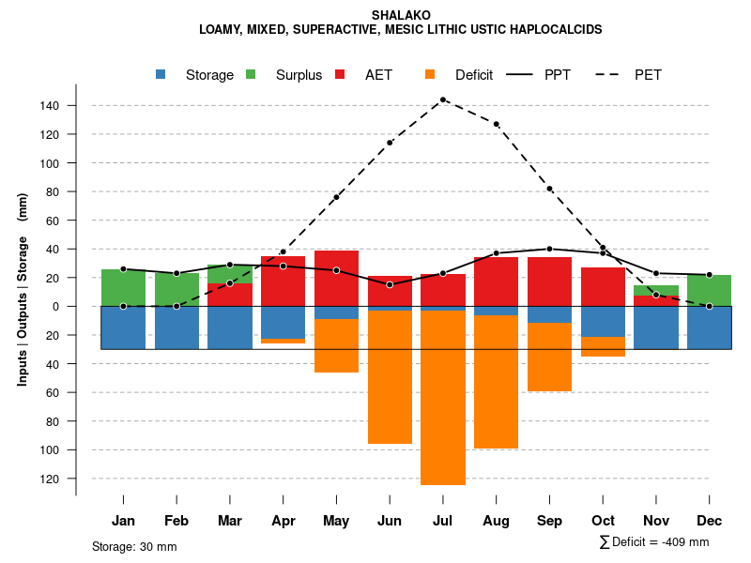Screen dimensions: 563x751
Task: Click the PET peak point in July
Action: (443, 99)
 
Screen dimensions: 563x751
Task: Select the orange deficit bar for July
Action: (443, 398)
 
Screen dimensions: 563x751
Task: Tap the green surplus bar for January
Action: (123, 287)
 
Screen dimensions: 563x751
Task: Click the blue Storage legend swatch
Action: (161, 75)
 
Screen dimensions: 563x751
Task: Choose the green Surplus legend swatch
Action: (251, 75)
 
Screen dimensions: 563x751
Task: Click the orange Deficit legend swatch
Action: (430, 75)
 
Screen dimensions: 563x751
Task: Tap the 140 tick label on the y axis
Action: (50, 106)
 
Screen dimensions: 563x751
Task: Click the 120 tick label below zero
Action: (50, 479)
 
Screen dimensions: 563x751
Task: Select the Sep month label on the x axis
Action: (549, 521)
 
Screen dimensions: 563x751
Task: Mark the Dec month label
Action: (710, 521)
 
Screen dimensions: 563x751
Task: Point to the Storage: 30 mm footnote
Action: (134, 546)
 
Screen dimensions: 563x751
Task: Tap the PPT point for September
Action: (549, 249)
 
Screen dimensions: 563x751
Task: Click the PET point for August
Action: (497, 124)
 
